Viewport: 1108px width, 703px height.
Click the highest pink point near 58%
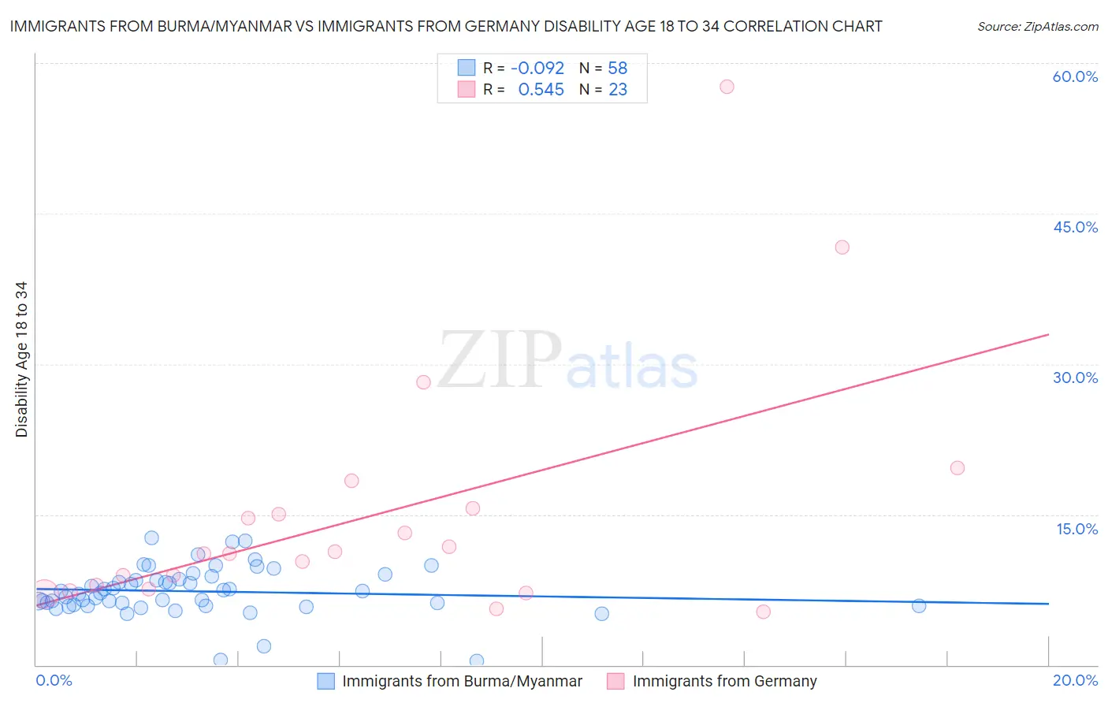pyautogui.click(x=727, y=87)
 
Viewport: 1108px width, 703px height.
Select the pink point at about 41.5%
pyautogui.click(x=842, y=247)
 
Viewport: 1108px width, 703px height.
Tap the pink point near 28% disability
pyautogui.click(x=423, y=382)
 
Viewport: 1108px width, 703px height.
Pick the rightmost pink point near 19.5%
pyautogui.click(x=957, y=468)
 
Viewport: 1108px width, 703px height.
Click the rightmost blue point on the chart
pyautogui.click(x=919, y=606)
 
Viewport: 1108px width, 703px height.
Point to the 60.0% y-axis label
pyautogui.click(x=1075, y=77)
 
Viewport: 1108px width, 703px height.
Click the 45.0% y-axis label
pyautogui.click(x=1075, y=227)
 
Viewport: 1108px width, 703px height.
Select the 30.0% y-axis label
pyautogui.click(x=1075, y=378)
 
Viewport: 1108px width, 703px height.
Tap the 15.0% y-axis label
pyautogui.click(x=1076, y=529)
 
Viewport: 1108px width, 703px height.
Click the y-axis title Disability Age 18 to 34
pyautogui.click(x=21, y=359)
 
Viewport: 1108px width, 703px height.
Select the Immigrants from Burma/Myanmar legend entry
pyautogui.click(x=462, y=682)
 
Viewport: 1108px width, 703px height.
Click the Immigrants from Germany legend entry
pyautogui.click(x=724, y=682)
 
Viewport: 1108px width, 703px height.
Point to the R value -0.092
pyautogui.click(x=537, y=69)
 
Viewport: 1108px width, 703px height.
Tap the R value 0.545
pyautogui.click(x=541, y=90)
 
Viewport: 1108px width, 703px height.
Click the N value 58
pyautogui.click(x=617, y=69)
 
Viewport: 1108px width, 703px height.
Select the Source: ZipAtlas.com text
pyautogui.click(x=1038, y=27)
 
